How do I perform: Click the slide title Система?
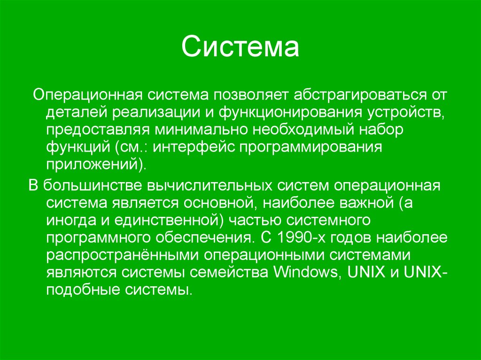coord(240,48)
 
